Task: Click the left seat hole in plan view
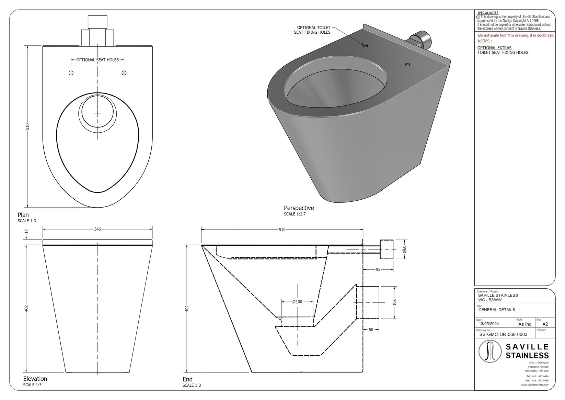point(71,73)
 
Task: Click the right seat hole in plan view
point(124,73)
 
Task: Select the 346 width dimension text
point(97,229)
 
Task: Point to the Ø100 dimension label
point(297,302)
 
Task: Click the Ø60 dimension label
point(404,249)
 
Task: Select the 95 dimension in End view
point(378,270)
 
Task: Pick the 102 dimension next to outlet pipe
point(394,302)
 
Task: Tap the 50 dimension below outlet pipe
point(371,330)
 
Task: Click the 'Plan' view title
point(23,215)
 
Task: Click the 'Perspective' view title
point(299,208)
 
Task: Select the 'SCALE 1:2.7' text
point(295,214)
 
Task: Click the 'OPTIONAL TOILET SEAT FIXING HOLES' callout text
point(312,30)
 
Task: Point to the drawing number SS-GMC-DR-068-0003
point(503,334)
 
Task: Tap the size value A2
point(545,324)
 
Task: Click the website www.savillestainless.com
point(535,385)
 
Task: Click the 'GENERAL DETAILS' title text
point(496,310)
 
